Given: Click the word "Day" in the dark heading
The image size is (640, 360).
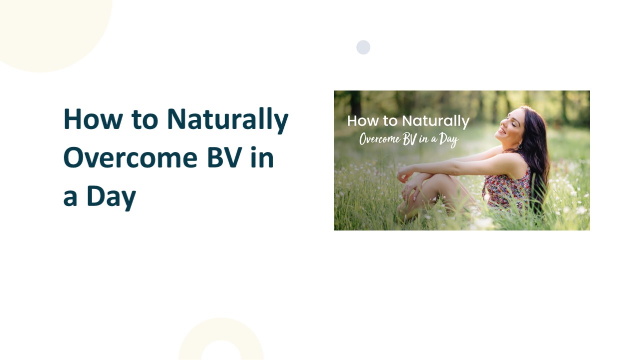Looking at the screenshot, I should pyautogui.click(x=111, y=196).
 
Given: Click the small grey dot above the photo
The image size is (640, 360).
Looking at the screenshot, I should pyautogui.click(x=363, y=47).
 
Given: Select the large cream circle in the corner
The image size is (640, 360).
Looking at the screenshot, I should pyautogui.click(x=45, y=25).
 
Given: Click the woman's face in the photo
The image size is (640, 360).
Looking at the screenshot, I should pyautogui.click(x=511, y=125).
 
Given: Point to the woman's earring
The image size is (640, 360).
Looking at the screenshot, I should pyautogui.click(x=520, y=145).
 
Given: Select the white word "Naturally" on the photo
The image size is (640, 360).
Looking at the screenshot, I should pyautogui.click(x=436, y=121).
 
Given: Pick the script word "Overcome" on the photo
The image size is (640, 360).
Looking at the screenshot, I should pyautogui.click(x=379, y=139).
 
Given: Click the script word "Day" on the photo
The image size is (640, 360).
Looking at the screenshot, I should pyautogui.click(x=448, y=139).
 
